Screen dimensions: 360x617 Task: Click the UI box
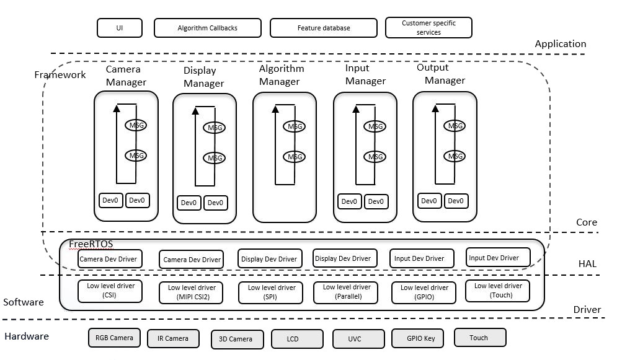tap(120, 28)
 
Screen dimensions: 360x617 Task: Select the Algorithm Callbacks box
tap(207, 28)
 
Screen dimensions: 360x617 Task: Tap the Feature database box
tap(323, 28)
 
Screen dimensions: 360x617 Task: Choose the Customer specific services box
tap(428, 28)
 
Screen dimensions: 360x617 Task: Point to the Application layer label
tap(560, 44)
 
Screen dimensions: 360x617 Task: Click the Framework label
tap(60, 74)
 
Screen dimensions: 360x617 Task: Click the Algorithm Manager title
tap(282, 75)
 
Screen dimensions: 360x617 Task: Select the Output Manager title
tap(441, 74)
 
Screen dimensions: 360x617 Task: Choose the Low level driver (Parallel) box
tap(346, 291)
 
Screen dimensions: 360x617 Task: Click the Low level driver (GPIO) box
tap(424, 292)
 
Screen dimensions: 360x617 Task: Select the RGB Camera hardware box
tap(114, 338)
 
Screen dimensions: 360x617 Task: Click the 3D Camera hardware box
tap(236, 339)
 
